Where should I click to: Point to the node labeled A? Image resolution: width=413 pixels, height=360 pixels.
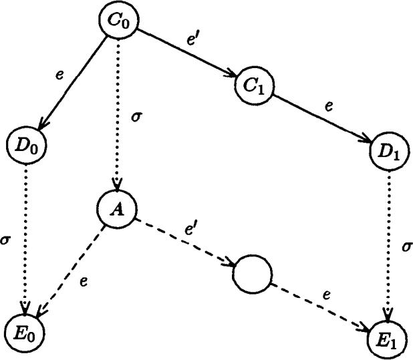[117, 208]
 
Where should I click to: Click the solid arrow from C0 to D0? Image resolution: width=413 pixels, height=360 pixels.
[70, 84]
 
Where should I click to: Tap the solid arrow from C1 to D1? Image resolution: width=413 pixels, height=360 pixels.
[321, 117]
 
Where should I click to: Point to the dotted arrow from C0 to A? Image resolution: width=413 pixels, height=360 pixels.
[118, 114]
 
